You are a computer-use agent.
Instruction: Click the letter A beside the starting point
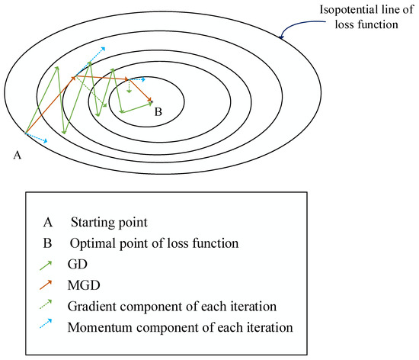[x=17, y=154]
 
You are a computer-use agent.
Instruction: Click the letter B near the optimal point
[x=158, y=112]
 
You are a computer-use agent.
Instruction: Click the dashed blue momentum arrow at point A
[x=37, y=138]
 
